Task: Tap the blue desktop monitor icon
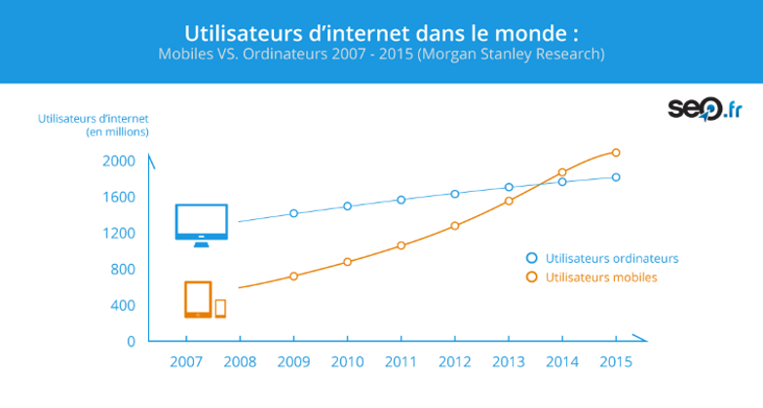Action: click(201, 224)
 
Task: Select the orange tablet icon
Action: click(198, 299)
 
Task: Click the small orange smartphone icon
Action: click(220, 308)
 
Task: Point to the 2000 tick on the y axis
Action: click(117, 161)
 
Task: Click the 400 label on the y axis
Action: click(122, 305)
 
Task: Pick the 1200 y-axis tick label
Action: click(117, 233)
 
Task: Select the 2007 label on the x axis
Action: click(186, 360)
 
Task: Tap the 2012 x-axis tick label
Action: click(454, 360)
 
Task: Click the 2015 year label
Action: click(615, 360)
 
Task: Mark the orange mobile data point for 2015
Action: click(616, 152)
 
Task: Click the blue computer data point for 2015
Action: click(616, 177)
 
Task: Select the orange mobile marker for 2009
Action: click(293, 277)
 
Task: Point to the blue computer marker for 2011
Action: click(401, 200)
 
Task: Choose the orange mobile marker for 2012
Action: click(454, 226)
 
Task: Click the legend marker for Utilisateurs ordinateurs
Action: click(531, 258)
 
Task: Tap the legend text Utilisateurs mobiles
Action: click(601, 278)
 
